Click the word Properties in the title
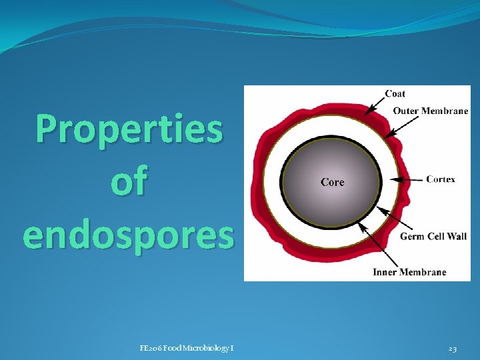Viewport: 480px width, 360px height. coord(129,129)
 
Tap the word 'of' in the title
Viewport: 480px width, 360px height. coord(129,182)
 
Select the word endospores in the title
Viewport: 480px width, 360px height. coord(129,235)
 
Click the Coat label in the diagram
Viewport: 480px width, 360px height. coord(395,93)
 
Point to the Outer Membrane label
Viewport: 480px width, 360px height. coord(430,111)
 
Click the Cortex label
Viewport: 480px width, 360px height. coord(441,179)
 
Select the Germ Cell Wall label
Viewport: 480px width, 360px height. coord(433,236)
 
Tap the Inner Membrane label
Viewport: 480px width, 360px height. coord(410,272)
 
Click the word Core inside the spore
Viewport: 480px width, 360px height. coord(333,181)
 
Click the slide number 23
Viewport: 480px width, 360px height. coord(453,347)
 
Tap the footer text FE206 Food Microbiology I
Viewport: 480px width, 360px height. coord(187,347)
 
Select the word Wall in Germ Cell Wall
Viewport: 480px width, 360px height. coord(456,236)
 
